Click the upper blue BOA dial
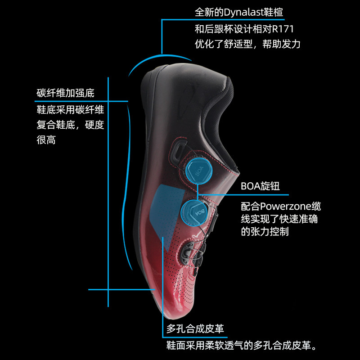pos(198,171)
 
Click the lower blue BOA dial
pos(195,211)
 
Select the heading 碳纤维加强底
pos(66,94)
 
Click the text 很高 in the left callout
pos(46,140)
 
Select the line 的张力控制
pos(265,232)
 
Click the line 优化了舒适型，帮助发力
pos(247,44)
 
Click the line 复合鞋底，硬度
pos(70,125)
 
